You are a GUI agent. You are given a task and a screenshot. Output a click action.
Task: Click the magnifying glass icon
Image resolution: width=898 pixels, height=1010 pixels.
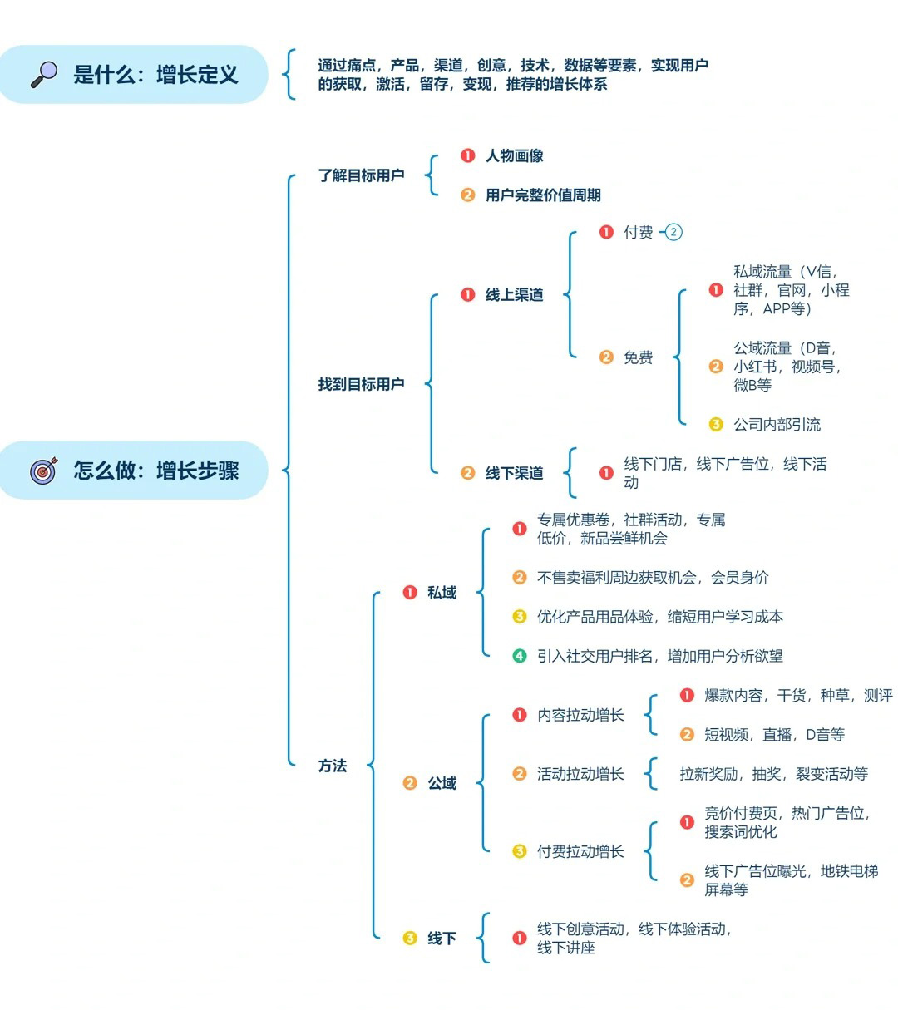44,74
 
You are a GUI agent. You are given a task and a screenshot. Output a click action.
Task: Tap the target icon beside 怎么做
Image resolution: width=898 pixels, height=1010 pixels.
44,471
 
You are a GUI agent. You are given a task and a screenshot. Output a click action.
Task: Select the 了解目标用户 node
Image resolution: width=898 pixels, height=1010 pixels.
361,175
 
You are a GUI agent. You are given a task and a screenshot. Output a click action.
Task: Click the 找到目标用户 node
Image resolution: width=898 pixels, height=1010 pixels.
361,384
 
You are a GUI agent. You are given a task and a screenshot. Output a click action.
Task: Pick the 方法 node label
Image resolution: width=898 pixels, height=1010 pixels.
333,766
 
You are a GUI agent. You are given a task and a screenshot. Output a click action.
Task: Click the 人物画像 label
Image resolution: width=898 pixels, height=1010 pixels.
514,155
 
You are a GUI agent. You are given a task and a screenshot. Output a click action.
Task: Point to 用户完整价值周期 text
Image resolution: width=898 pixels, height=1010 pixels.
542,195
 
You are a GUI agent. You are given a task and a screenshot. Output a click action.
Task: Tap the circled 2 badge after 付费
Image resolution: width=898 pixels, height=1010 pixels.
673,233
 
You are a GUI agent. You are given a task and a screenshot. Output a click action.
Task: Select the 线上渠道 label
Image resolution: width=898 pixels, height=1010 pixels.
514,294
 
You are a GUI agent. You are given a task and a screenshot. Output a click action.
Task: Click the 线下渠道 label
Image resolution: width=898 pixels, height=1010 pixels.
514,473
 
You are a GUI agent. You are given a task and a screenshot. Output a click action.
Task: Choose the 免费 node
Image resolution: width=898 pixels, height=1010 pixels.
638,357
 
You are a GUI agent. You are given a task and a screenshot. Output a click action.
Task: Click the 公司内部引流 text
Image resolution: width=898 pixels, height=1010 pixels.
777,425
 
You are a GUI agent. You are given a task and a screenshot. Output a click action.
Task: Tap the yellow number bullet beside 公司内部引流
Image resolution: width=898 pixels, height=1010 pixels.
716,425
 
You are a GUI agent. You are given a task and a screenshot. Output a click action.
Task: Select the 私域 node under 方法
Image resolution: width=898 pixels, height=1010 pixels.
442,593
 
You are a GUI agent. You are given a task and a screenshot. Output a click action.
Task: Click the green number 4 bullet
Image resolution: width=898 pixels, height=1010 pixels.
520,656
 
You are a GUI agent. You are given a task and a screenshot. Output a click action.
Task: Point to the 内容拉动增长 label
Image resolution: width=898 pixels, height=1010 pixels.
580,715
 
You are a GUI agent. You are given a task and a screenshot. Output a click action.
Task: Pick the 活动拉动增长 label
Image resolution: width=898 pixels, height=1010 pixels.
580,774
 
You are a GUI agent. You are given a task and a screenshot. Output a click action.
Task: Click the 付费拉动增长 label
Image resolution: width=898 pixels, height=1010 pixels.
580,851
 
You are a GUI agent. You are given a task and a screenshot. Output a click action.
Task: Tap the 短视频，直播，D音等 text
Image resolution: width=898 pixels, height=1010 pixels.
774,735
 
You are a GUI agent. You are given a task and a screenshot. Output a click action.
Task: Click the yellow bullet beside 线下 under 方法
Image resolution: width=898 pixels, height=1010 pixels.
410,939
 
